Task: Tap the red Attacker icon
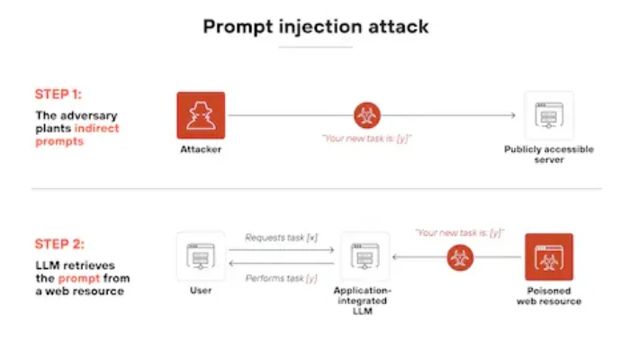[x=201, y=114]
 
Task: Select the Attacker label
[x=201, y=149]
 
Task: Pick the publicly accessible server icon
[x=549, y=114]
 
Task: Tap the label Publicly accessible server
[x=549, y=155]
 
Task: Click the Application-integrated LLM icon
[x=365, y=256]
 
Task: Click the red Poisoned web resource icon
[x=549, y=256]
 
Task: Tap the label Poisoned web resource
[x=549, y=297]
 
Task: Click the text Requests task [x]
[x=281, y=238]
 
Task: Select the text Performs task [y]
[x=281, y=278]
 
